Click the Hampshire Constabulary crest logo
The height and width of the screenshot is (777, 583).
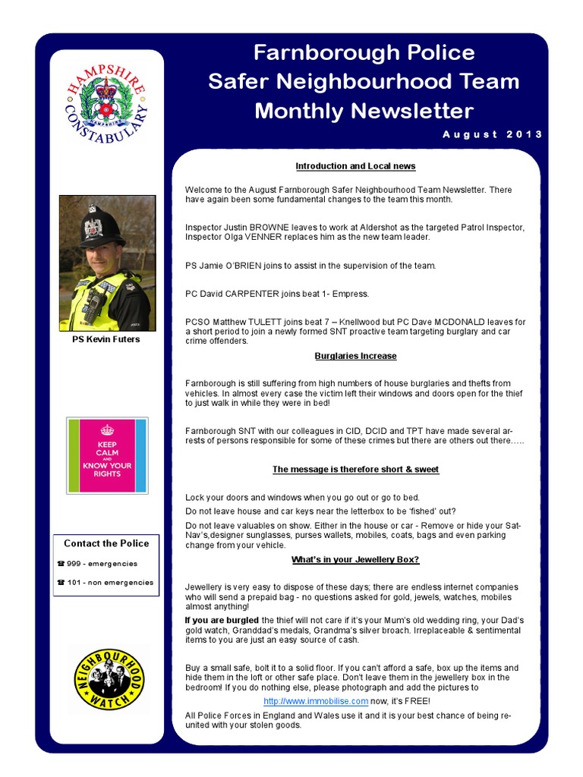tap(106, 104)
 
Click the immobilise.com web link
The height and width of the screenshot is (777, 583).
tap(316, 701)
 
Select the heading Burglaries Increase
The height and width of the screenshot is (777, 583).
tap(355, 356)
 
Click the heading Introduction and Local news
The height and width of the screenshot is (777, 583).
tap(355, 166)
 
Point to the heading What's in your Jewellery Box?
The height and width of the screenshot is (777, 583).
tap(355, 560)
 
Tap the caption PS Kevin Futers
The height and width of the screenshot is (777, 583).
tap(106, 339)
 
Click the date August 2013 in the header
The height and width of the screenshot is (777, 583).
tap(493, 134)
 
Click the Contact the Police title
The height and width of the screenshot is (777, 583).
tap(106, 543)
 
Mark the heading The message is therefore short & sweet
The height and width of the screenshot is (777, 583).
tap(355, 470)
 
